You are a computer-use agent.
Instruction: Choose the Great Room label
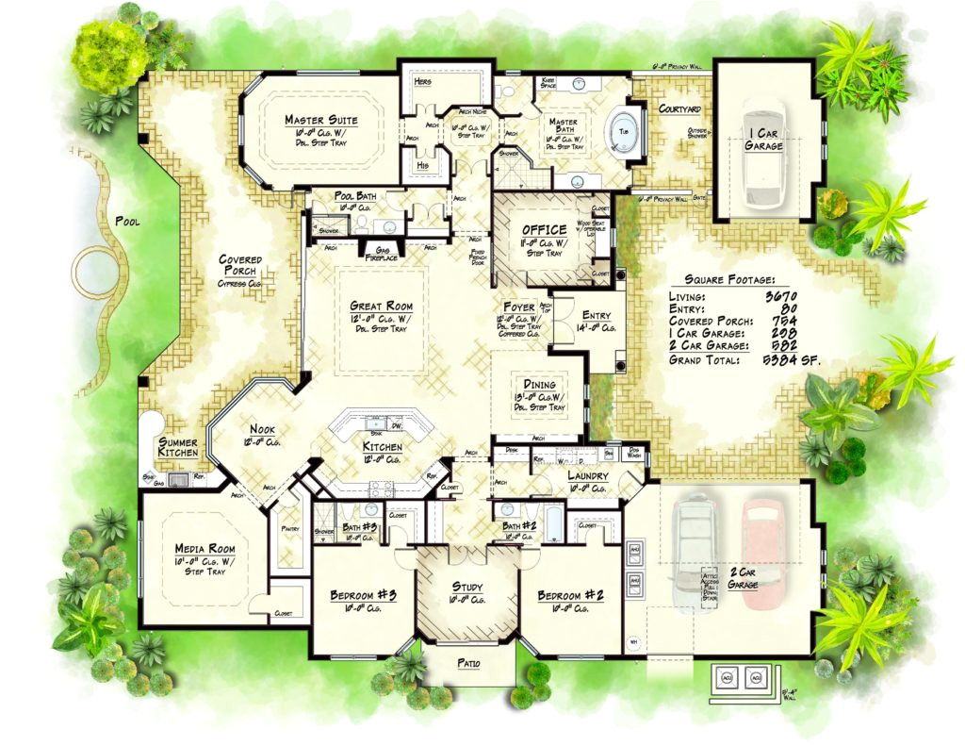pos(381,307)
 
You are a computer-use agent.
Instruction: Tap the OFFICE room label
pos(545,229)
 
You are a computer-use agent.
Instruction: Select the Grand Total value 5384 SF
pos(778,359)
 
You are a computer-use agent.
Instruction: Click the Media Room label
pos(204,549)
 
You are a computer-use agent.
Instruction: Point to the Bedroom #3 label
pos(363,596)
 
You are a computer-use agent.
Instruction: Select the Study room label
pos(467,587)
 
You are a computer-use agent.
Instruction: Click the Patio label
pos(468,664)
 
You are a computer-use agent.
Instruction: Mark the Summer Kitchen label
pos(178,447)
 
